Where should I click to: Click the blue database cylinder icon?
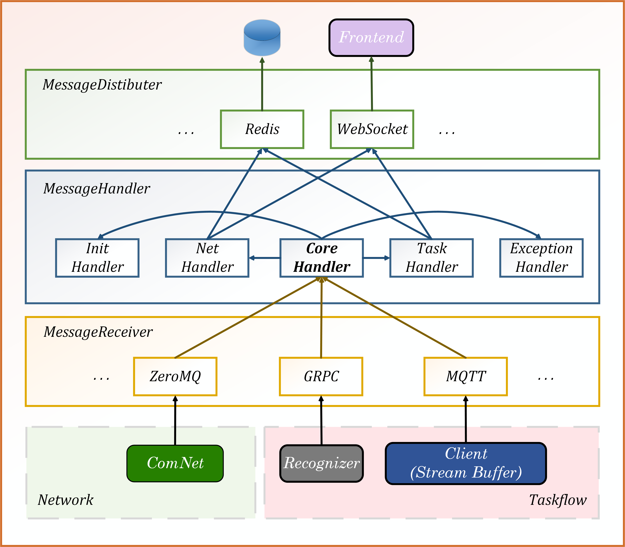pyautogui.click(x=262, y=38)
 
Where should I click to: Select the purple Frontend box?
pyautogui.click(x=371, y=37)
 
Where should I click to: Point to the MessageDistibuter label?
pyautogui.click(x=102, y=85)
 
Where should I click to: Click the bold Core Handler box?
pyautogui.click(x=321, y=258)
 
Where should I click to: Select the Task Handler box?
pyautogui.click(x=431, y=258)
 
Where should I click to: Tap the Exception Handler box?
pyautogui.click(x=541, y=258)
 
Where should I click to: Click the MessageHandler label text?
pyautogui.click(x=96, y=189)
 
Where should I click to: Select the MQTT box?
pyautogui.click(x=466, y=376)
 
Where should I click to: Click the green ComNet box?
pyautogui.click(x=175, y=463)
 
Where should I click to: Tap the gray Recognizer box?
pyautogui.click(x=321, y=463)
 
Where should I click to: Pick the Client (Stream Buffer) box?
pyautogui.click(x=466, y=463)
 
